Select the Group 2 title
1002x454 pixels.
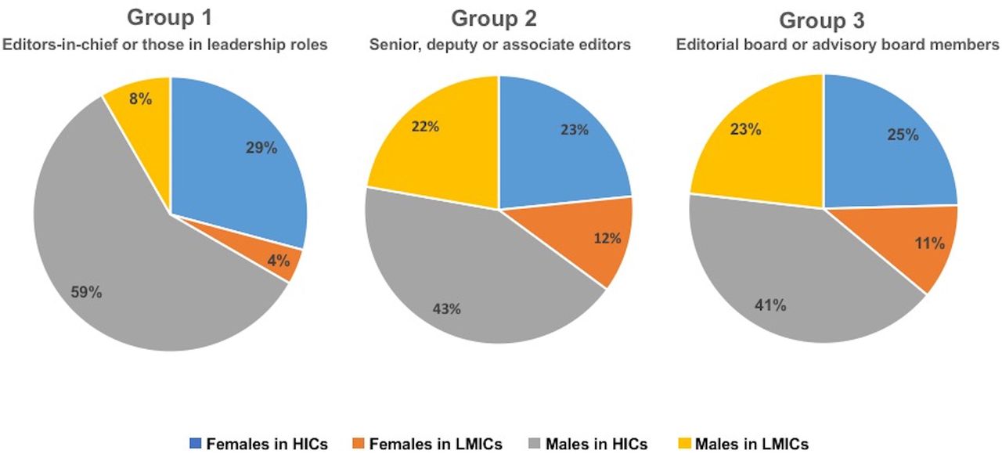coord(499,17)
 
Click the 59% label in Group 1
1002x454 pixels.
coord(86,293)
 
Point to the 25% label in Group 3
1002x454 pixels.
coord(902,135)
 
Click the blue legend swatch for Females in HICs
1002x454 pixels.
coord(196,444)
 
